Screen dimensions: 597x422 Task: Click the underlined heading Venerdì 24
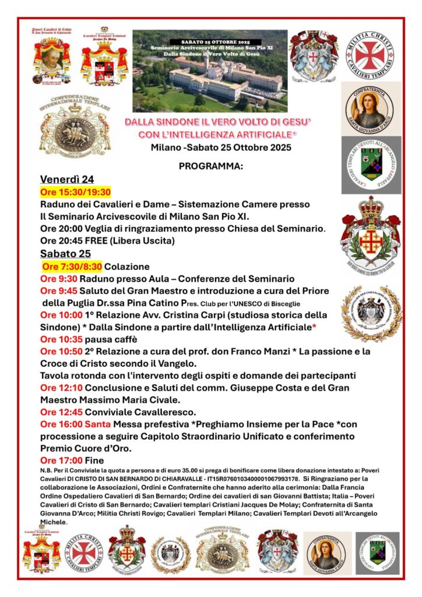click(x=66, y=180)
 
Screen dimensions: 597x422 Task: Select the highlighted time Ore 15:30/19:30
click(x=75, y=192)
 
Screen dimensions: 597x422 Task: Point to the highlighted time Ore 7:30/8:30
click(x=72, y=266)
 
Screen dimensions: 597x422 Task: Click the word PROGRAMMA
click(x=211, y=166)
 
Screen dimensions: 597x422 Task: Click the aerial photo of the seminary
click(x=210, y=71)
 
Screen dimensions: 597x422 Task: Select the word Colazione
click(x=126, y=266)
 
